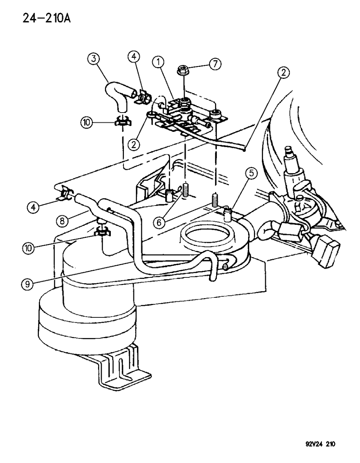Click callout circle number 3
[x=94, y=58]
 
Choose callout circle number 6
[x=159, y=222]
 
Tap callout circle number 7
[x=215, y=65]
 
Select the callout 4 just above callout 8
[x=33, y=207]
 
